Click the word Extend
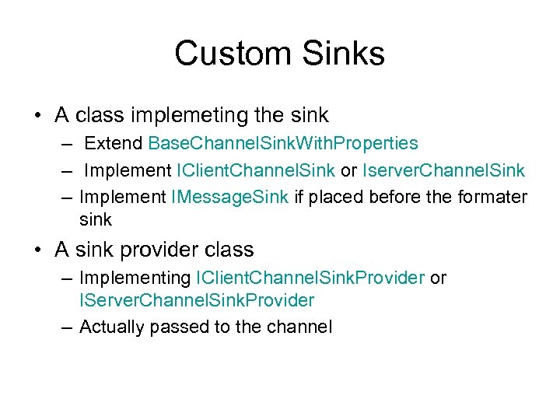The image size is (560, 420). point(114,144)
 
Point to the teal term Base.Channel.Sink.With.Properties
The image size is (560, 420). point(283,144)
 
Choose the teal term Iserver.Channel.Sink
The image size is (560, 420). point(443,170)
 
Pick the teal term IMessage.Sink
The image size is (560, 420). point(230,197)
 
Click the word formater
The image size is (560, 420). point(491,197)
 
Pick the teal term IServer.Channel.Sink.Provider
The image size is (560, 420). point(197,300)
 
